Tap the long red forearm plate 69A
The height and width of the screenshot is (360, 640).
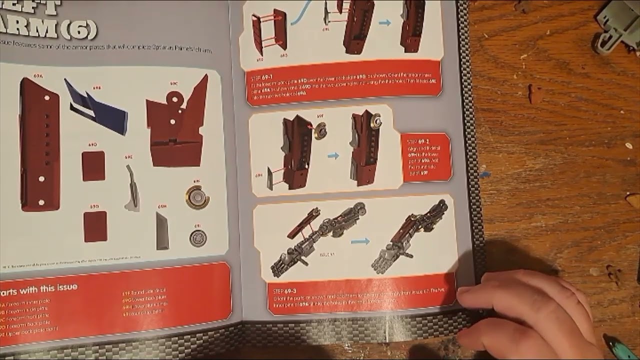(40, 145)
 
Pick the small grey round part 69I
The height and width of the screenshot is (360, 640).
(198, 237)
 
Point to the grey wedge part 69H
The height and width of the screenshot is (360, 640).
(162, 231)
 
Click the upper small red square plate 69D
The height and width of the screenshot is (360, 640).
(93, 166)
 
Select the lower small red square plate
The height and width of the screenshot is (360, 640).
(95, 226)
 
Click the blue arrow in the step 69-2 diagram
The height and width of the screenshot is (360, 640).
(333, 156)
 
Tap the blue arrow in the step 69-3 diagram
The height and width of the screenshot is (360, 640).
(359, 241)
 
